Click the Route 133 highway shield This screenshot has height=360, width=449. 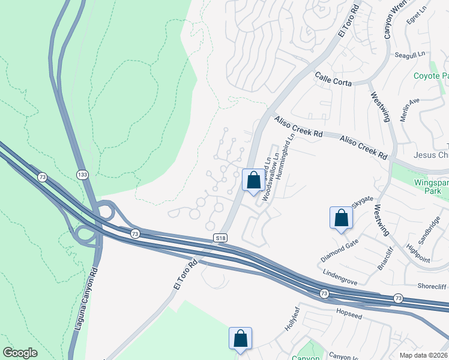click(x=82, y=174)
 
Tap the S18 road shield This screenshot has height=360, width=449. click(x=221, y=238)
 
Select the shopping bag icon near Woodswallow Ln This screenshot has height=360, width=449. click(x=253, y=179)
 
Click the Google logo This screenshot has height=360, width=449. click(x=20, y=353)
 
